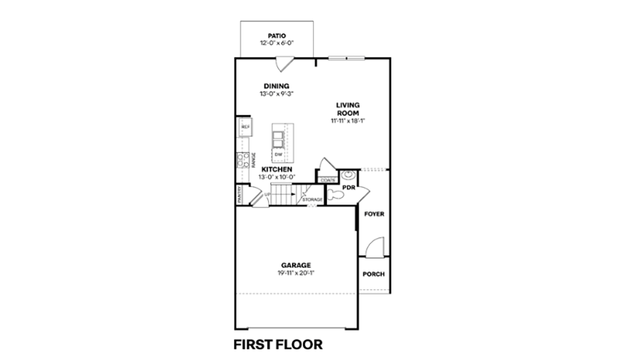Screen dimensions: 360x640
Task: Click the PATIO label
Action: click(277, 36)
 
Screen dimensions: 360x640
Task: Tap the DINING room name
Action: click(277, 86)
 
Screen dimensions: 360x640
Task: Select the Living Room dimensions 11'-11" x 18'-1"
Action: click(348, 120)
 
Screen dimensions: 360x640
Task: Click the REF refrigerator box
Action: click(245, 127)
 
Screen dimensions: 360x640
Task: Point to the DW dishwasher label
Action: click(278, 155)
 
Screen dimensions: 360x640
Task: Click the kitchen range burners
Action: click(240, 160)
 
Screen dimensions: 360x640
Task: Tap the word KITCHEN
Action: click(277, 169)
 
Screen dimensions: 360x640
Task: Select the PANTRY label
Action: click(239, 195)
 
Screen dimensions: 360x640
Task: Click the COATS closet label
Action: click(326, 180)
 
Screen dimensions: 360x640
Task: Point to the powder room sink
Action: click(347, 175)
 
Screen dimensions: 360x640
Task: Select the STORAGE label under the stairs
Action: click(312, 200)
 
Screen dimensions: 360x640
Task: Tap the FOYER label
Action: click(374, 214)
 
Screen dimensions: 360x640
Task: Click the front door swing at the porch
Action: click(374, 246)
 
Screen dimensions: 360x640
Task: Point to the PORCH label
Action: click(374, 274)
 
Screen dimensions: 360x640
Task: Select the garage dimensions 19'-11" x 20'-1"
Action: click(296, 273)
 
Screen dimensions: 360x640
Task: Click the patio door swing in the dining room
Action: click(283, 63)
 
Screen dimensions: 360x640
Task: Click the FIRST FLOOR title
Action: click(278, 344)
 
